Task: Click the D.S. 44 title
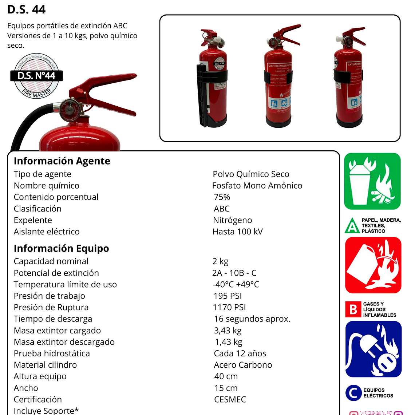(26, 9)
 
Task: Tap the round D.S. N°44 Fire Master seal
(36, 76)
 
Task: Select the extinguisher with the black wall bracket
(212, 78)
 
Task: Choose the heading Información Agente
(62, 161)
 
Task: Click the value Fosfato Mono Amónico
(257, 186)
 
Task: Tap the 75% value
(222, 197)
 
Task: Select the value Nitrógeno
(232, 220)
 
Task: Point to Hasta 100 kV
(237, 232)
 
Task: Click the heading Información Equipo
(61, 248)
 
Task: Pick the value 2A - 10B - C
(234, 273)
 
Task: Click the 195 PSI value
(228, 296)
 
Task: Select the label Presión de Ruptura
(51, 307)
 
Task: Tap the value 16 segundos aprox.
(252, 319)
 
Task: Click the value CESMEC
(230, 399)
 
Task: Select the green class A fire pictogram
(372, 181)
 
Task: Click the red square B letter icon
(353, 309)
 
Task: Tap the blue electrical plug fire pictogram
(373, 349)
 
